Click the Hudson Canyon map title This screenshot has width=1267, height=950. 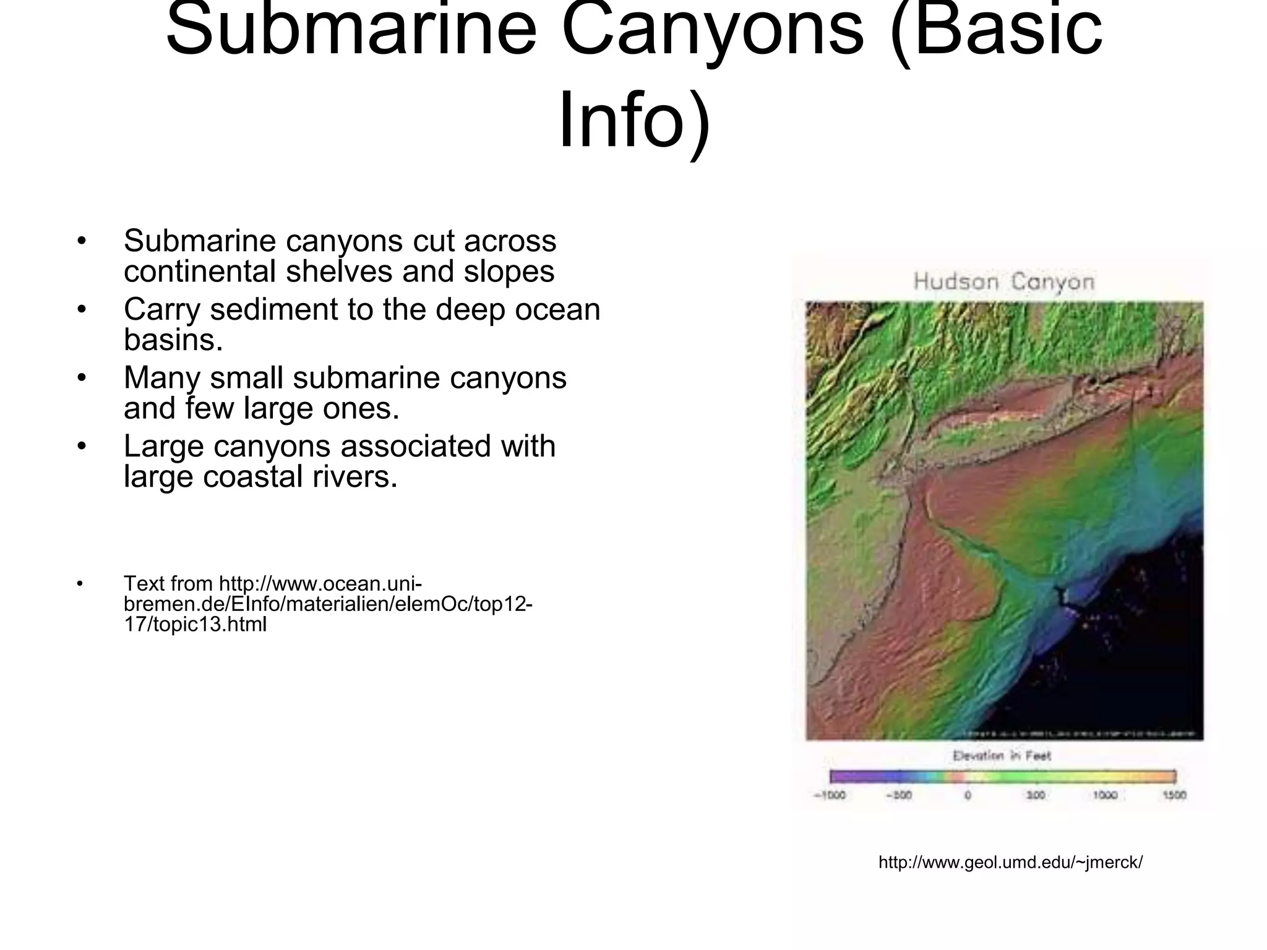pyautogui.click(x=1003, y=282)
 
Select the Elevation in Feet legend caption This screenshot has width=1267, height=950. pyautogui.click(x=1002, y=755)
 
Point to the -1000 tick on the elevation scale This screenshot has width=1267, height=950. pyautogui.click(x=830, y=795)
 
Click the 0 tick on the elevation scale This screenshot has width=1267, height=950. pyautogui.click(x=968, y=795)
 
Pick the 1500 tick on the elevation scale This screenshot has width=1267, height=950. pyautogui.click(x=1174, y=795)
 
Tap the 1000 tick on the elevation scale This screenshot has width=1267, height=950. pyautogui.click(x=1105, y=795)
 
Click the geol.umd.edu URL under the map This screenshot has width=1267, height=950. pyautogui.click(x=1010, y=862)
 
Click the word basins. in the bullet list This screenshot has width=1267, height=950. pyautogui.click(x=173, y=340)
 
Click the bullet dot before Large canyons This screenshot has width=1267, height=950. pyautogui.click(x=81, y=446)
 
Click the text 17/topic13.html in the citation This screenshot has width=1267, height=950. pyautogui.click(x=195, y=625)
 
